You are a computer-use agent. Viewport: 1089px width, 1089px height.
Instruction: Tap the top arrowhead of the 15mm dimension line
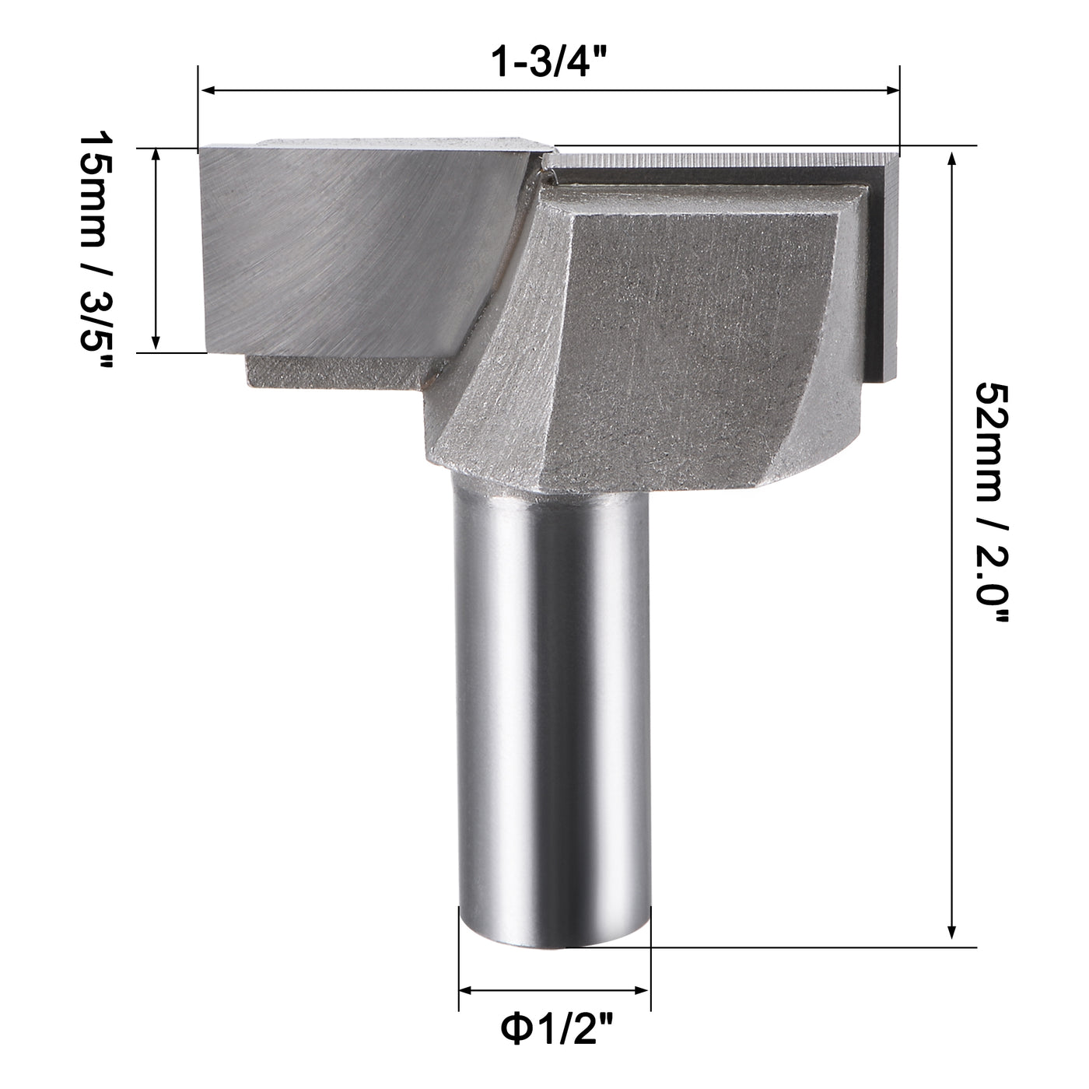coord(156,154)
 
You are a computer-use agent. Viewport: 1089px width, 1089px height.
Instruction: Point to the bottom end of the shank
coord(554,937)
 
